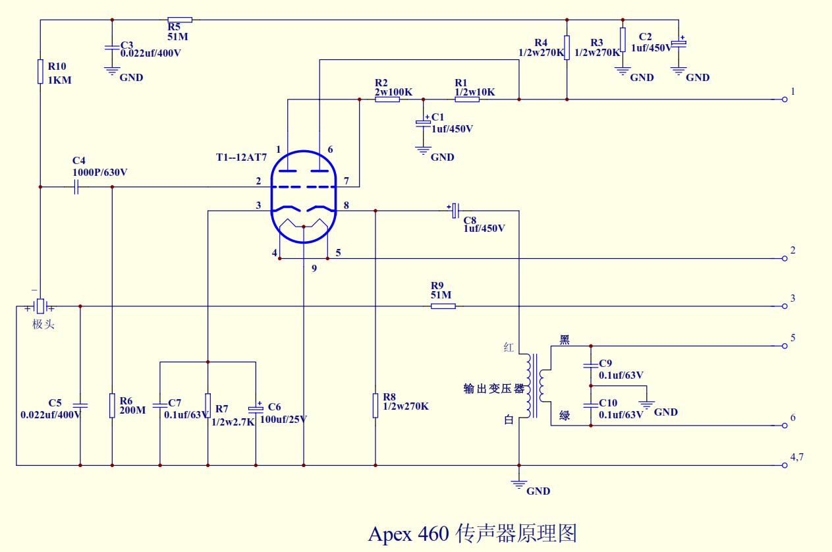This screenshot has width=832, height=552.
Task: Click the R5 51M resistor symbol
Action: tap(180, 20)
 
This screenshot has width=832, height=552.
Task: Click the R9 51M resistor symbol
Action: tap(443, 306)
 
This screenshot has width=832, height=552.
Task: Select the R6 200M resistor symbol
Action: tap(112, 406)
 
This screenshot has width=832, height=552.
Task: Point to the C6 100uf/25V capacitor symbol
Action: tap(256, 406)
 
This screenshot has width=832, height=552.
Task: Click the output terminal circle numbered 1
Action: tap(785, 99)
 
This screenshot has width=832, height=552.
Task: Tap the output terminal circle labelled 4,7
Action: tap(785, 465)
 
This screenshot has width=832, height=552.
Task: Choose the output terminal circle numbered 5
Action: tap(785, 346)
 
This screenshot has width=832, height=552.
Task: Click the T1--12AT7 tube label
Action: tap(241, 158)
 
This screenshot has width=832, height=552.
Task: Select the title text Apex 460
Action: tap(409, 533)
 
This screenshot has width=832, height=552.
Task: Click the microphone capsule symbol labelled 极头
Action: tap(40, 307)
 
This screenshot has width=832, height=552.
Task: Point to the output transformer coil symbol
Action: tap(535, 386)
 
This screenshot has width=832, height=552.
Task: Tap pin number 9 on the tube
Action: tap(314, 268)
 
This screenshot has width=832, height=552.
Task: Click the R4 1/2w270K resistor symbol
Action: tap(567, 48)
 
